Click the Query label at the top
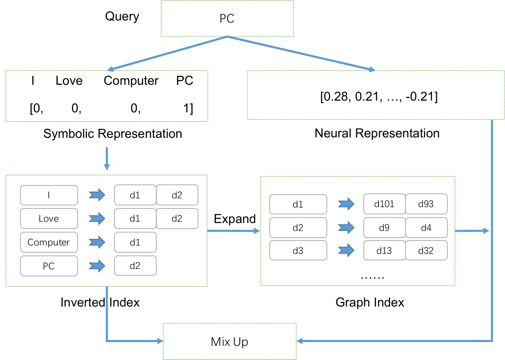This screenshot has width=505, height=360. [x=122, y=17]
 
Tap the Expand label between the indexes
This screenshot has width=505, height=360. [x=235, y=219]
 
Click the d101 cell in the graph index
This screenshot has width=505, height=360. [x=384, y=204]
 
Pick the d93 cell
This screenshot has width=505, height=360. [x=426, y=204]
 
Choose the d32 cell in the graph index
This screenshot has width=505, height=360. [x=426, y=250]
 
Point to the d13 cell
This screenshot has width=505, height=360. [x=384, y=250]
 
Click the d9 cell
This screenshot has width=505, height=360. [x=384, y=228]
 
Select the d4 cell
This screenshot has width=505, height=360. [x=426, y=228]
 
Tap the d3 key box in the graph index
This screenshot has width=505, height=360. [x=298, y=250]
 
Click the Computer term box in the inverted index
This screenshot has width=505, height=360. [x=49, y=242]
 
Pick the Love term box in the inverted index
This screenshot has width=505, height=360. [x=49, y=218]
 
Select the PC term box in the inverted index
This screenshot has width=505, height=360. [x=49, y=266]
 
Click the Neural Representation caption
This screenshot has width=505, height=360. [x=377, y=133]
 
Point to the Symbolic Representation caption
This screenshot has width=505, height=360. [x=113, y=134]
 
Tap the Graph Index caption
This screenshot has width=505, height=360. [x=370, y=302]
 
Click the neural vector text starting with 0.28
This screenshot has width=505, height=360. [x=379, y=97]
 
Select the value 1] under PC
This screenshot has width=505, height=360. [x=188, y=108]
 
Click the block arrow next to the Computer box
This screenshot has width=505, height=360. [x=97, y=242]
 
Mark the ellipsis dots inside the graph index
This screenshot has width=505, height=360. [x=373, y=277]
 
